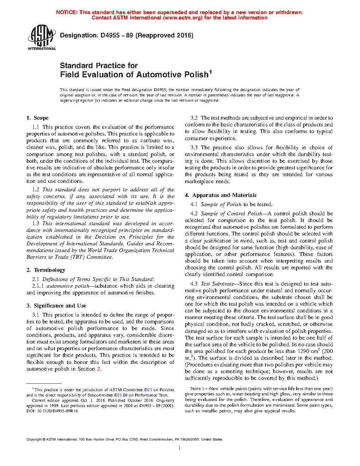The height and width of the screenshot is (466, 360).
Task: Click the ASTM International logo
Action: point(42,37)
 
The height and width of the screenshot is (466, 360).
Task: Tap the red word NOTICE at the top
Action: point(66,12)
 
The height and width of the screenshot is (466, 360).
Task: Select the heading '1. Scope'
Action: point(37,118)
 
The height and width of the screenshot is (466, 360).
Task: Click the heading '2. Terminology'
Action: point(46,270)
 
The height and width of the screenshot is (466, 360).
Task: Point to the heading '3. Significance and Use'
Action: point(56,306)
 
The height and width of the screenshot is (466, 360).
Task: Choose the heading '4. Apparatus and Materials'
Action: point(221,195)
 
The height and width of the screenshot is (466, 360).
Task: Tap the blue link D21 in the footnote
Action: point(148,390)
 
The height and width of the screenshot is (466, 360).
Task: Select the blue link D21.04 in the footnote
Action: point(121,395)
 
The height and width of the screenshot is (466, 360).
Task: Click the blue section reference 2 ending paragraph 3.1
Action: point(99,369)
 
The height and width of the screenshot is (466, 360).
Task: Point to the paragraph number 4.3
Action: point(194,284)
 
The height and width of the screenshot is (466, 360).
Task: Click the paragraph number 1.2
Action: point(36,190)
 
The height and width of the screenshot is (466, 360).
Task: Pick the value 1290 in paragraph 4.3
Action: point(304,351)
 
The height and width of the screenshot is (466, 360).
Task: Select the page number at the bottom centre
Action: point(180,448)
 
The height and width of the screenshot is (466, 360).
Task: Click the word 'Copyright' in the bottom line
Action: point(34,440)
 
